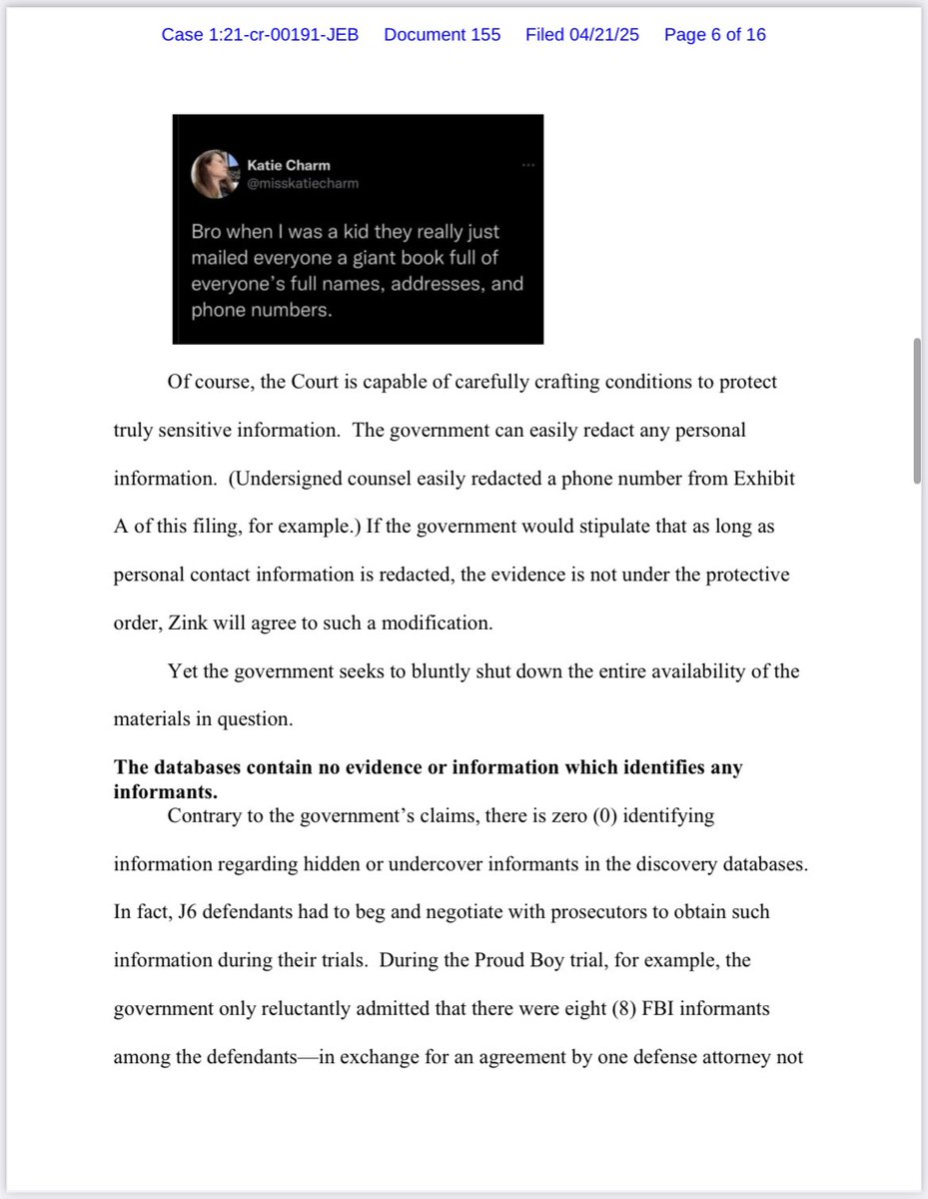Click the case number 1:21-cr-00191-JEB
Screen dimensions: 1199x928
260,35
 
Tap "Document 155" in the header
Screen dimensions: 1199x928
442,35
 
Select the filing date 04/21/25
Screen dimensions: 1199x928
582,35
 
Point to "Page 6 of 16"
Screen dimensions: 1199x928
714,35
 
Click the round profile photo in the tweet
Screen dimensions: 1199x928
213,174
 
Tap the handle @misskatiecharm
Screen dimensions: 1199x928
303,183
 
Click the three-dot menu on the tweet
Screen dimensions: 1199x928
527,164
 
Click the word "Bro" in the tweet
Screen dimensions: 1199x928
207,232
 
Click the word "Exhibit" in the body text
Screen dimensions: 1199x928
765,478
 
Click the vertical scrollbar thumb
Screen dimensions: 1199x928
916,411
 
